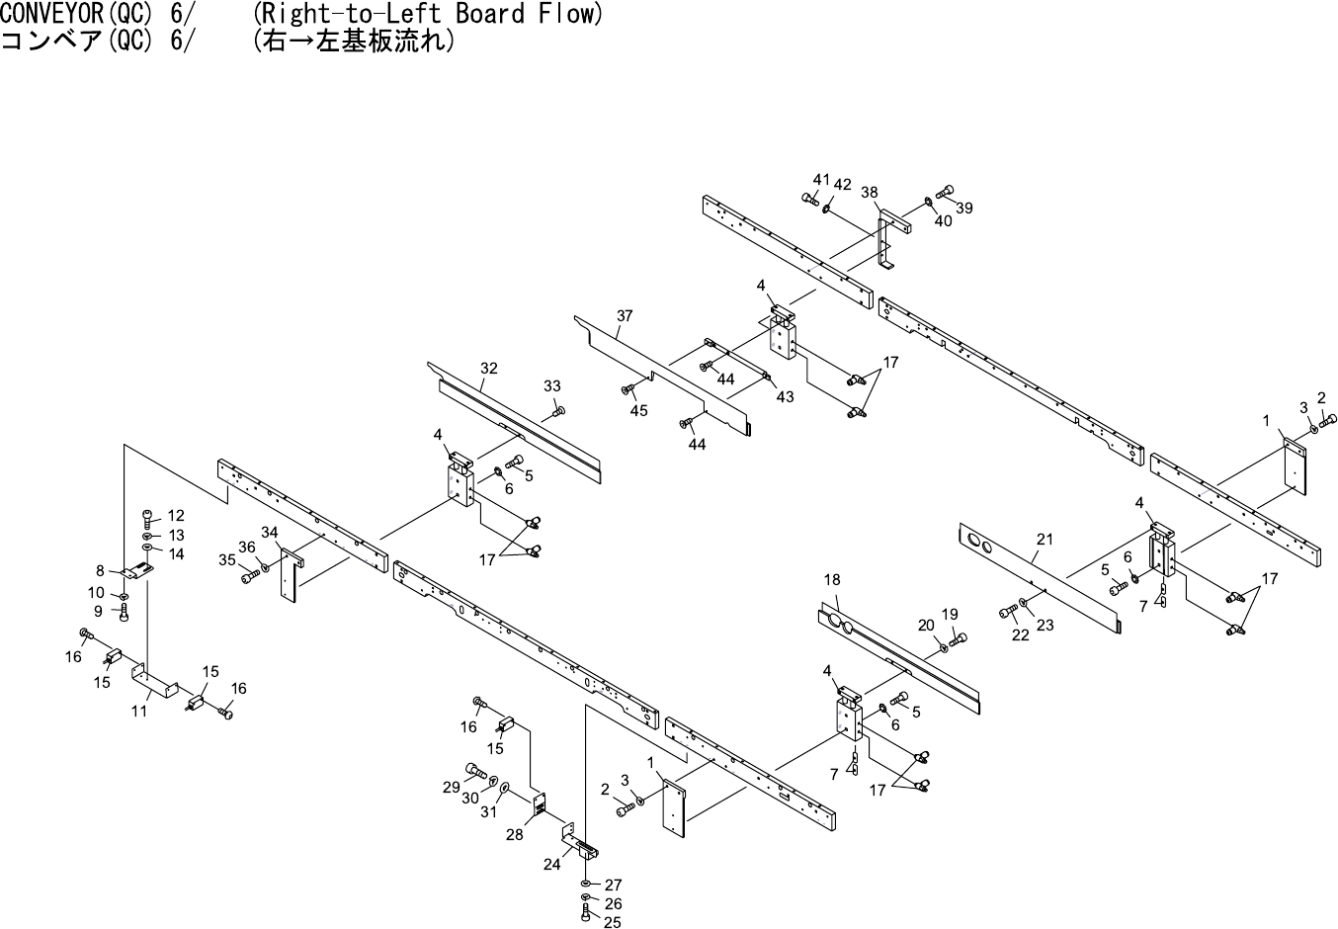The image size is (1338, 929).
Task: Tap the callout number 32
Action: [x=489, y=369]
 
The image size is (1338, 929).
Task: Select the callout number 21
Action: [x=1045, y=540]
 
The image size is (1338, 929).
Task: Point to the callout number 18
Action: [x=831, y=579]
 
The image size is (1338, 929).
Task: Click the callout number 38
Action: [x=870, y=193]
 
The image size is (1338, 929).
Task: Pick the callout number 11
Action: [x=140, y=711]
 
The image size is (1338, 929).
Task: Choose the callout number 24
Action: [x=551, y=864]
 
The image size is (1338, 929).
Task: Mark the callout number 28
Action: [x=515, y=834]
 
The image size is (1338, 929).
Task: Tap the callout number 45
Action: [x=639, y=410]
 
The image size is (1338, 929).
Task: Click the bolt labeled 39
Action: [x=944, y=190]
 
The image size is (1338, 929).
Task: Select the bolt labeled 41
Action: [x=810, y=198]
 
